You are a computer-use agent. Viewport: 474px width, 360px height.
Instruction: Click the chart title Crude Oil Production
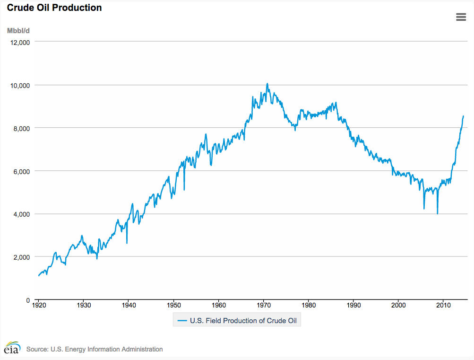click(x=54, y=8)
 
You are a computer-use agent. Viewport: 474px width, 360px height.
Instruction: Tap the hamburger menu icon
click(x=461, y=17)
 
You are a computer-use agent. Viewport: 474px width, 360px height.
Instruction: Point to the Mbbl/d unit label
click(x=18, y=31)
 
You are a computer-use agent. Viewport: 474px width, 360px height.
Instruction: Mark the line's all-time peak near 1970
click(x=267, y=84)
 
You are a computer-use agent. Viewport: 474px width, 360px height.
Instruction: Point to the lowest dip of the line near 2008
click(x=438, y=214)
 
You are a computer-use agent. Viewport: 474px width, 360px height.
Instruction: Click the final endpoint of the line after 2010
click(x=464, y=115)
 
